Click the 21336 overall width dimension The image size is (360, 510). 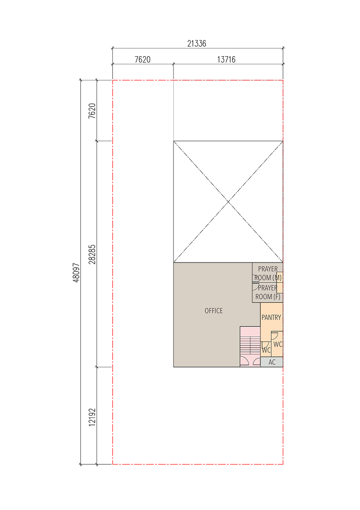[197, 44]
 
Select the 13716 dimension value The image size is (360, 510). [226, 60]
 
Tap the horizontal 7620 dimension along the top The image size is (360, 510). [142, 60]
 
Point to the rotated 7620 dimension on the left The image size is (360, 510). [92, 111]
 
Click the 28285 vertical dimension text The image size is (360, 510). [92, 254]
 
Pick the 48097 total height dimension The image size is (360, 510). [76, 273]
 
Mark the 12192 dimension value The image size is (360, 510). [92, 417]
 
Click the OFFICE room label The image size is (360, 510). [214, 311]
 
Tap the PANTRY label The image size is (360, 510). [272, 317]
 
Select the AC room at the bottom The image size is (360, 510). [272, 362]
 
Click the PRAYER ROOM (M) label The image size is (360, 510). [268, 273]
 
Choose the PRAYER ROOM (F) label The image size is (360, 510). [268, 292]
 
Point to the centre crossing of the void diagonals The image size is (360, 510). [229, 202]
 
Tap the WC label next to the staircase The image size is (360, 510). [266, 350]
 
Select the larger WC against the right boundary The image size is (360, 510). [277, 344]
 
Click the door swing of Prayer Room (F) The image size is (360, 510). [256, 287]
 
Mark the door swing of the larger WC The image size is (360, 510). [275, 335]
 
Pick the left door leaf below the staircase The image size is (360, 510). [244, 362]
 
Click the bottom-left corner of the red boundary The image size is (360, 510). [112, 464]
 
